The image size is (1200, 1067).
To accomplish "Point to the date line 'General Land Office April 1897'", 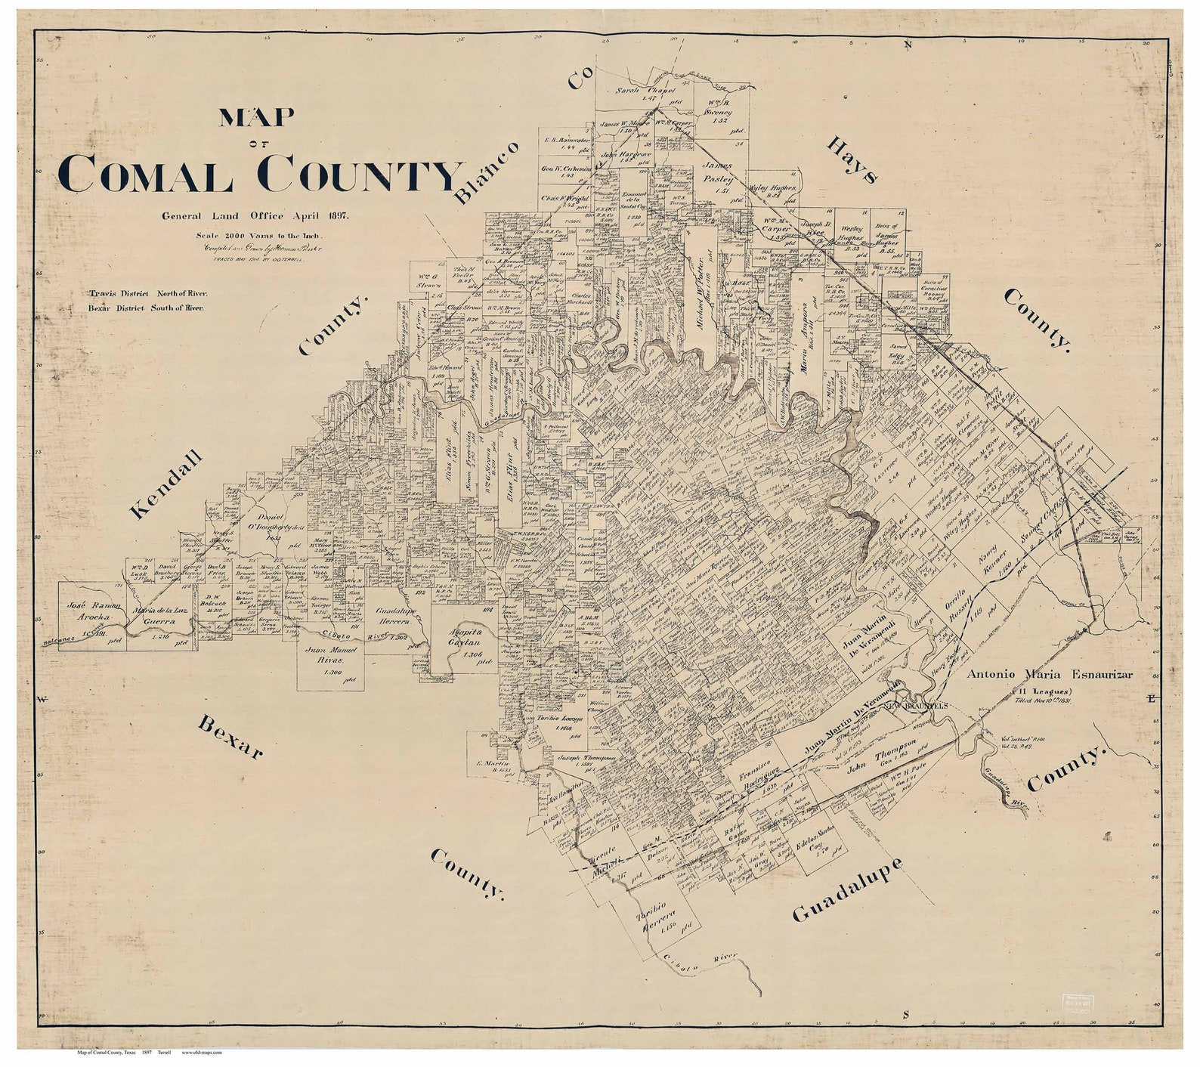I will coord(254,216).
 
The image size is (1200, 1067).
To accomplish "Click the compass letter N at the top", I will coord(909,45).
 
